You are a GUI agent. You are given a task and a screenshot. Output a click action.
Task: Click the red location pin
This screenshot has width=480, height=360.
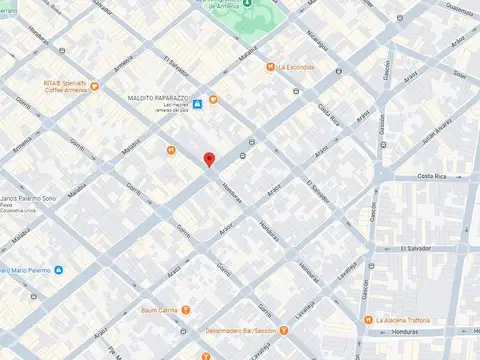tap(209, 160)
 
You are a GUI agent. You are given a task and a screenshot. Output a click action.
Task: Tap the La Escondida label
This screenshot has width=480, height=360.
tap(297, 67)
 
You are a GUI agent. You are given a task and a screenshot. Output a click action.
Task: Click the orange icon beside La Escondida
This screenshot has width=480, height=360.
tap(270, 67)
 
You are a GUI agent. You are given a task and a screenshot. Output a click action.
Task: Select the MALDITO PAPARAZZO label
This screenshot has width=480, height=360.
tap(160, 98)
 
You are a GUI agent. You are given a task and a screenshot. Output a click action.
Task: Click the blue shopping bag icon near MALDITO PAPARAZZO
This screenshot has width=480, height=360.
tap(198, 102)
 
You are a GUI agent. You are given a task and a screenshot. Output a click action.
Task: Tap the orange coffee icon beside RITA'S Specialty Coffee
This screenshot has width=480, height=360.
tap(94, 86)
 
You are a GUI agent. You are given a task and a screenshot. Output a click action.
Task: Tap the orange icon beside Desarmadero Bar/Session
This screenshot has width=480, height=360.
tap(285, 330)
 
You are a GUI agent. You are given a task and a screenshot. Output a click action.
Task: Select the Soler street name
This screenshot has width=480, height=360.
tap(460, 74)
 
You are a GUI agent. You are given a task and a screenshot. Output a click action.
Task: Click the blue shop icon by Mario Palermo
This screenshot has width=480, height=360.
tap(59, 270)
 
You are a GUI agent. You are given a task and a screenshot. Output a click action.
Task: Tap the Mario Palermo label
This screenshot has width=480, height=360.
tap(26, 270)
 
